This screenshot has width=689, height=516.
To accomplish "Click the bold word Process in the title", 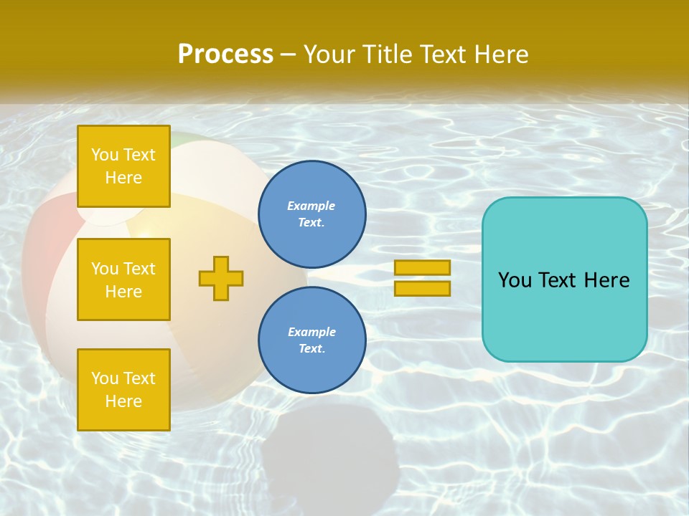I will [x=225, y=54].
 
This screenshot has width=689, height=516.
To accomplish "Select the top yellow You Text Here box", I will [x=123, y=166].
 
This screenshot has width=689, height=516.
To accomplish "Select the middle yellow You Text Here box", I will [x=123, y=279].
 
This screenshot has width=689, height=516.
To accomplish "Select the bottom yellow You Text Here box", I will [x=123, y=389].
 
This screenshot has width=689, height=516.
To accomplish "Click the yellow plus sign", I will [x=221, y=278].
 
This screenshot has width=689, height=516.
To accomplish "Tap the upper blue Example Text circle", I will [x=311, y=214].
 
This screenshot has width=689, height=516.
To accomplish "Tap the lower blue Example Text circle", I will [x=311, y=340].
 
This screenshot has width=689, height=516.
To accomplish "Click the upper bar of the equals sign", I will [x=423, y=268].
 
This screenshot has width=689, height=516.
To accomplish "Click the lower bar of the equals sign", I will [x=423, y=288].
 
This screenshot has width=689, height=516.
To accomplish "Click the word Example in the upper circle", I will [x=311, y=206].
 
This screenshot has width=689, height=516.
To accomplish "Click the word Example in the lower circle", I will [x=311, y=332].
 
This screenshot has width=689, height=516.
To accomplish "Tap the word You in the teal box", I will [x=514, y=280].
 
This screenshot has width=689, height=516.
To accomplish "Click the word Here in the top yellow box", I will [x=123, y=178].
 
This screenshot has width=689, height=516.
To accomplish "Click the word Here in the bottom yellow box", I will [x=123, y=401].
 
